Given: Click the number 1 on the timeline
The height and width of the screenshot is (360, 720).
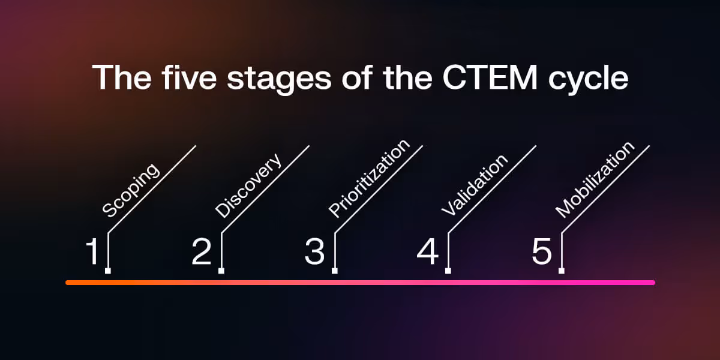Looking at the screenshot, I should tap(92, 252).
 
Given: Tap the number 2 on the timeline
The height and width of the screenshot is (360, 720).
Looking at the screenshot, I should tap(202, 252).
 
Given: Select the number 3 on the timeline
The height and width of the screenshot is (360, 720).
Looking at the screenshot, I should tap(314, 252).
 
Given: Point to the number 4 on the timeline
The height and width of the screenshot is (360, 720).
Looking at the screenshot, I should tap(428, 252).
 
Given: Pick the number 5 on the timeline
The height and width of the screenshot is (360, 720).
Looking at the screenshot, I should tap(541, 252).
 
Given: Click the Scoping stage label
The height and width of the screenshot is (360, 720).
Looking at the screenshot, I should tap(131, 190).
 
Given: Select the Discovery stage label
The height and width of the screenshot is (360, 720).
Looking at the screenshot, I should tap(248, 186).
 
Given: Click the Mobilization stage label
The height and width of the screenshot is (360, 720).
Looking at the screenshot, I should tap(595, 179).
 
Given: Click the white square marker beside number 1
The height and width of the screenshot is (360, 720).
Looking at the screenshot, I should tap(108, 271).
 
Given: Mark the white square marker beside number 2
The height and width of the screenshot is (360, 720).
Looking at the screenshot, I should tap(221, 271).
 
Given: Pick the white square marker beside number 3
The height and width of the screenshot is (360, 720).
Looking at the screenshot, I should tap(335, 271).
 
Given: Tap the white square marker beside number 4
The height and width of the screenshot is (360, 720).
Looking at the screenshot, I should tap(448, 271).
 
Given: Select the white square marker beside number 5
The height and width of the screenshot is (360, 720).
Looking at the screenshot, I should tap(562, 271).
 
